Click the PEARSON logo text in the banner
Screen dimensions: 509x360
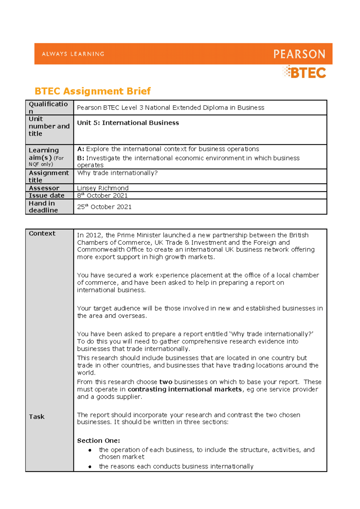click(x=299, y=54)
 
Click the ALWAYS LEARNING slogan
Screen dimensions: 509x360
click(x=73, y=54)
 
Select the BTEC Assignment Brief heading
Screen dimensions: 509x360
click(x=92, y=91)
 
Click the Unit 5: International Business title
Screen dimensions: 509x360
click(x=128, y=123)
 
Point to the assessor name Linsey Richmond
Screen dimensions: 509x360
click(x=103, y=188)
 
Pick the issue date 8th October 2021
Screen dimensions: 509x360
click(x=102, y=195)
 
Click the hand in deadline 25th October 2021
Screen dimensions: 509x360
click(x=104, y=207)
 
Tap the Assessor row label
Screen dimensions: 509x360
click(x=44, y=188)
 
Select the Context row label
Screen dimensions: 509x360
click(x=42, y=234)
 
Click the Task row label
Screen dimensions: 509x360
click(x=37, y=417)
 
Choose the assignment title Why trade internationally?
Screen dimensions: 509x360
click(x=117, y=173)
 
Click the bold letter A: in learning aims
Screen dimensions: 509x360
click(x=81, y=149)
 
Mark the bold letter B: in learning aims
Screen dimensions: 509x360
click(x=81, y=158)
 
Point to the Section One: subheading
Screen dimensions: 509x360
click(x=98, y=441)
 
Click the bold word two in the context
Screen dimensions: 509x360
click(x=166, y=382)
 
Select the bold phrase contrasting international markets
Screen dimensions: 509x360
click(x=184, y=389)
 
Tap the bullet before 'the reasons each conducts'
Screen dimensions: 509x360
click(x=90, y=467)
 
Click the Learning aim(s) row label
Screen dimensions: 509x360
click(x=44, y=153)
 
